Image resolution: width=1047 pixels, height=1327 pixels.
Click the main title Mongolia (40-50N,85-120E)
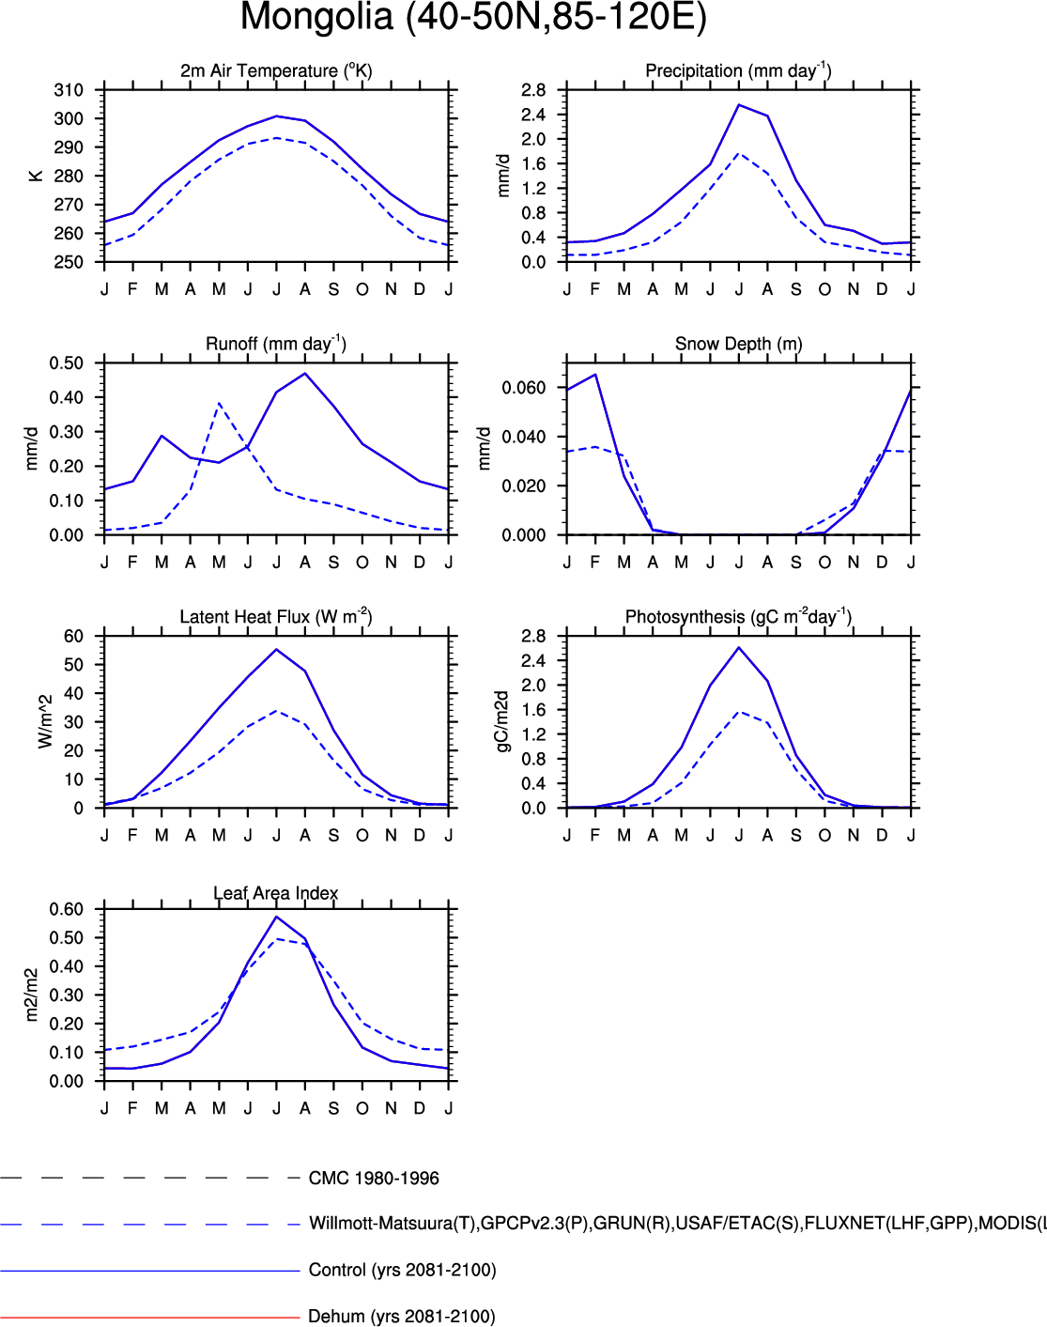coord(473,18)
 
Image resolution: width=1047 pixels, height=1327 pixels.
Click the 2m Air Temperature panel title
coord(276,70)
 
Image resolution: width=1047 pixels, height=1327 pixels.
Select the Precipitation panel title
coord(738,70)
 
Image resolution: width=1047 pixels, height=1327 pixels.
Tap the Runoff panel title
coord(276,344)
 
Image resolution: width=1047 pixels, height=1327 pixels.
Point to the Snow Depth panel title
coord(738,344)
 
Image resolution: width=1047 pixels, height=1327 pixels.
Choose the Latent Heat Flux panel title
coord(276,617)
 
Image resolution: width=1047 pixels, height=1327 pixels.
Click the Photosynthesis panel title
coord(738,617)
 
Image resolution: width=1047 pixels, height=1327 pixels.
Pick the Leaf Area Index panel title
coord(276,893)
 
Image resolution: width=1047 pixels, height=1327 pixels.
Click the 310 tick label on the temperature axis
coord(69,90)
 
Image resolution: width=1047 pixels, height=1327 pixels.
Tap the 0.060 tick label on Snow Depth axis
coord(523,388)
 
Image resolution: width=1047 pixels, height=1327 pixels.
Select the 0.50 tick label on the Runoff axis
coord(66,363)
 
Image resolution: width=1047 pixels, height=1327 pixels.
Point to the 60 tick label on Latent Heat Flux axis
coord(73,637)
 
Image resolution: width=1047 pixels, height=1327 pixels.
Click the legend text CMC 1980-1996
coord(374,1179)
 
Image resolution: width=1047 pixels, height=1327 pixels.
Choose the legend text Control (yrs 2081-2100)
coord(402,1271)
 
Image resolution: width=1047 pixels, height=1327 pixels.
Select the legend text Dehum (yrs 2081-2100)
coord(401,1317)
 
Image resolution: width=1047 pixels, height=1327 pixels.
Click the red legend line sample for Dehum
coord(150,1318)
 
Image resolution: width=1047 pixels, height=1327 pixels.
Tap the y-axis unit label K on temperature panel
coord(36,176)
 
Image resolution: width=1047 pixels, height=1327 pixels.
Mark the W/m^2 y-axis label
coord(45,721)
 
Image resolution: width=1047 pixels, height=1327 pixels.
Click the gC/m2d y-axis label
coord(501,721)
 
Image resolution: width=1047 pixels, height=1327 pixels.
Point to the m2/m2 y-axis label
coord(32,995)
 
